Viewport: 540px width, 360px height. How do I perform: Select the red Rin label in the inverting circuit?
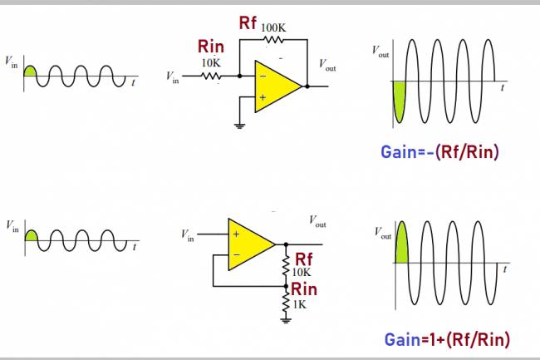pyautogui.click(x=211, y=47)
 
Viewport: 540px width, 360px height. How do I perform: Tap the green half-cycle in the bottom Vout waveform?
pyautogui.click(x=400, y=244)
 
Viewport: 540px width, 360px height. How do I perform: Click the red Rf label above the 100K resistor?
pyautogui.click(x=248, y=23)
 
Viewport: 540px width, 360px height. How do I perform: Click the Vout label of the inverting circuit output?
pyautogui.click(x=327, y=65)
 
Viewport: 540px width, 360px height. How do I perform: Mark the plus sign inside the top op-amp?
pyautogui.click(x=263, y=97)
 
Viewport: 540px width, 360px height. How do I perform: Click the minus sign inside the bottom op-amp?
pyautogui.click(x=236, y=254)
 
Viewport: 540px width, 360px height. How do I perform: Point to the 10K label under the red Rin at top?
pyautogui.click(x=211, y=63)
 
